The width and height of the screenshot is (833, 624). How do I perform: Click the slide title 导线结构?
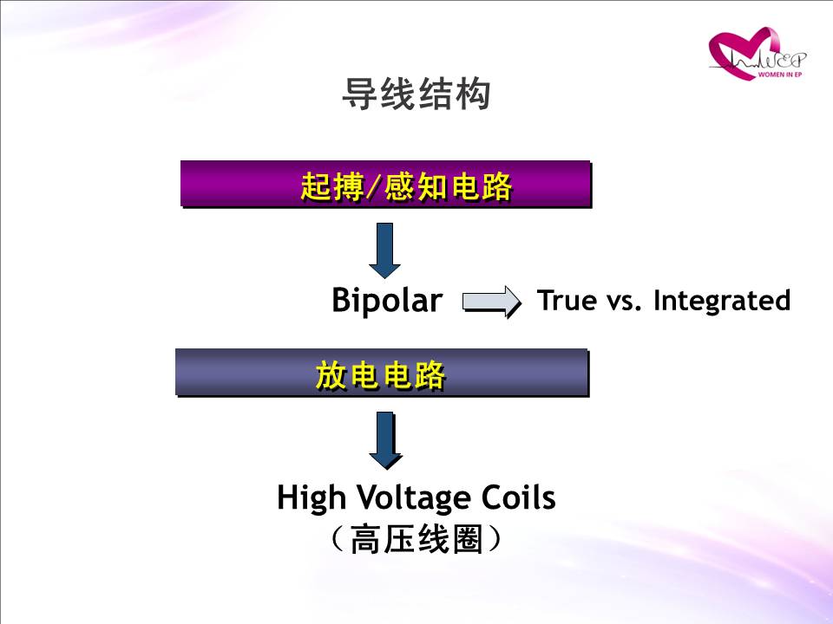point(416,94)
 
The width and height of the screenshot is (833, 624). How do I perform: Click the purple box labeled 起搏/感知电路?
point(385,184)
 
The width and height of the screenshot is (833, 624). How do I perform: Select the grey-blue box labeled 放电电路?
point(382,373)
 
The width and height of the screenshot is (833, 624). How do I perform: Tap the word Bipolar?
point(387,301)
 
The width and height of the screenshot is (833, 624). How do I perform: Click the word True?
point(567,300)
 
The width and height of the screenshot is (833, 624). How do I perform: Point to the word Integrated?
point(722,301)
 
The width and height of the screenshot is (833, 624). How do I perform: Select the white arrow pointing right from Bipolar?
point(492,302)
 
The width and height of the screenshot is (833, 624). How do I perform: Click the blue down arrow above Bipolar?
point(384,250)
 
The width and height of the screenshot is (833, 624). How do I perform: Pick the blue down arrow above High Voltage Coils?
point(385,440)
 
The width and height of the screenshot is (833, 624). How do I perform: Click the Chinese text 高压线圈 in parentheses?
point(416,539)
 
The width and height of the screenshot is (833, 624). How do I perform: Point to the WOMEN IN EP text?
point(780,75)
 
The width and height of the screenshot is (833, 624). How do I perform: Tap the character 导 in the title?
point(359,94)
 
